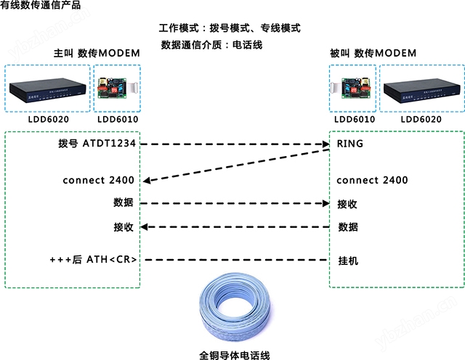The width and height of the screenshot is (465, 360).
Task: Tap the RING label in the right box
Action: (350, 144)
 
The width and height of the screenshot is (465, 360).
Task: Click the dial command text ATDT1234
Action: (109, 144)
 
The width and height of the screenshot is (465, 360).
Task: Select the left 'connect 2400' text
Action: (99, 180)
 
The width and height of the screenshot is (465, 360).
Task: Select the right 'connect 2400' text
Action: (372, 180)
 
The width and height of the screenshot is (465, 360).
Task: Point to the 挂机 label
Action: (348, 261)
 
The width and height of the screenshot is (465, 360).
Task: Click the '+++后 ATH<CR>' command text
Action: (93, 260)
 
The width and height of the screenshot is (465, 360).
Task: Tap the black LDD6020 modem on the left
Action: (47, 90)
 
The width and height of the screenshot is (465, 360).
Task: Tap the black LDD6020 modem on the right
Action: (421, 91)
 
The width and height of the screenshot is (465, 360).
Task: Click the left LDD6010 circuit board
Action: (116, 88)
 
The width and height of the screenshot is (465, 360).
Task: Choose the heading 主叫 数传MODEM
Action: (97, 53)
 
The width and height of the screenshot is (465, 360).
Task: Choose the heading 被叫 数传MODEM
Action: (373, 53)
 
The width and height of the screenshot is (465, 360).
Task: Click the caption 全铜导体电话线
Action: (235, 355)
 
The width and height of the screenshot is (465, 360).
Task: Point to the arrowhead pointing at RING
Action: (326, 144)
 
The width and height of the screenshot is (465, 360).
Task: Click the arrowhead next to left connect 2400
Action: (147, 180)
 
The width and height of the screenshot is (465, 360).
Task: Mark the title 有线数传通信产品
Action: (41, 5)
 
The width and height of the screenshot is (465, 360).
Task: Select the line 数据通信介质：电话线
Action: (211, 45)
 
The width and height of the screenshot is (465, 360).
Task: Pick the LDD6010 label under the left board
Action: (118, 120)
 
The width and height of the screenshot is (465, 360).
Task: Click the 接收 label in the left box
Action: (124, 227)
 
